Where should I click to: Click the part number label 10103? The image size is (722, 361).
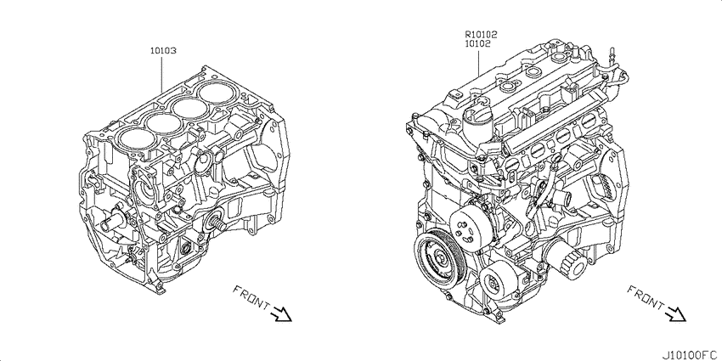coord(163,51)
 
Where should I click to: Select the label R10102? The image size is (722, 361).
coord(481,35)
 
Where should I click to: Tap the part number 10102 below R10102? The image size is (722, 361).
coord(477,43)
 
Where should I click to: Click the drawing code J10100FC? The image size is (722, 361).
coord(691,355)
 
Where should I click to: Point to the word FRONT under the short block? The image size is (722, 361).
coord(251,297)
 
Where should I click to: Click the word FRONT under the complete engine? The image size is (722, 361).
coord(646,297)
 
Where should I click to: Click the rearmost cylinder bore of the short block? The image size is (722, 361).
coord(215,93)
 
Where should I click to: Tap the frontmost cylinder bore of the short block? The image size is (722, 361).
coord(133,138)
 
